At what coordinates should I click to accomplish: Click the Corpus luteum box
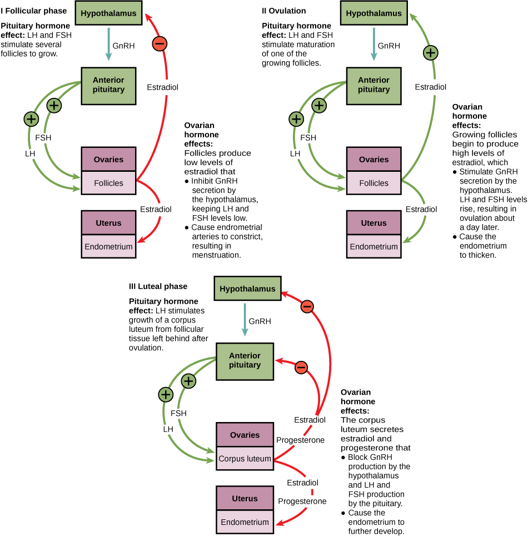coord(245,459)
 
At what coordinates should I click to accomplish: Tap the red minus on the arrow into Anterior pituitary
coord(301,368)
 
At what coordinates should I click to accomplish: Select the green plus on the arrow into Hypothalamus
coord(430,53)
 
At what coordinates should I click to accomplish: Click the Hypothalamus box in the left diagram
coord(108,13)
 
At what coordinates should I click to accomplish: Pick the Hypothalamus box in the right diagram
coord(373,13)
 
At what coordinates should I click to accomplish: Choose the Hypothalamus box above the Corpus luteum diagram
coord(247,289)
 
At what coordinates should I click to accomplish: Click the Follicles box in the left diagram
coord(108,183)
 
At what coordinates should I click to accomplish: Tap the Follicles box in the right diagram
coord(373,183)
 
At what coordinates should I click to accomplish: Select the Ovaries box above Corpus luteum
coord(245,435)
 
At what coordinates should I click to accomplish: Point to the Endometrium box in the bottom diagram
coord(245,522)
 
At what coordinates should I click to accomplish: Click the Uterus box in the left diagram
coord(108,223)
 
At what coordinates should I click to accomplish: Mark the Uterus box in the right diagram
coord(373,223)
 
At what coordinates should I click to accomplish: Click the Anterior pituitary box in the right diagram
coord(373,85)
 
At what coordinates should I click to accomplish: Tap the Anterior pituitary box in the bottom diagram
coord(245,361)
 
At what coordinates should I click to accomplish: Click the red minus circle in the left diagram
coord(160,44)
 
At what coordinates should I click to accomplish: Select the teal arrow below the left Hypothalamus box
coord(108,44)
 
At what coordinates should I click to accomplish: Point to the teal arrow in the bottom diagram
coord(245,319)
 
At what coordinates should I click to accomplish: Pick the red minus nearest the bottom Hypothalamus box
coord(307,306)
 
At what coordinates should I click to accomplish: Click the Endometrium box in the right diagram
coord(373,246)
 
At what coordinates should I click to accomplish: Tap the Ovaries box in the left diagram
coord(108,160)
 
